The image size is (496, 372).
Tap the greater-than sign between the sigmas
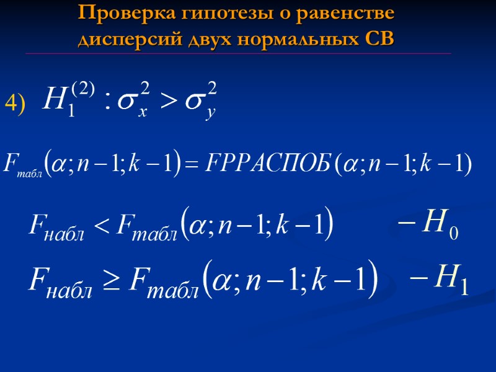point(169,100)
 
